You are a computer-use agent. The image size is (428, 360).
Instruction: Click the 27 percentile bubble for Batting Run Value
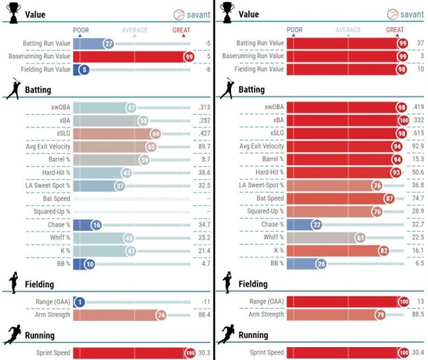[109, 43]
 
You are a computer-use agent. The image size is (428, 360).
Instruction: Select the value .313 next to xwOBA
[204, 108]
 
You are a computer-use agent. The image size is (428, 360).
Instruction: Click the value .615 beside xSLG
[417, 133]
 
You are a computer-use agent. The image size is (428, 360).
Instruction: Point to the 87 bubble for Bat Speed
[389, 198]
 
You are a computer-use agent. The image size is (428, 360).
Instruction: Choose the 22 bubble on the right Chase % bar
[317, 225]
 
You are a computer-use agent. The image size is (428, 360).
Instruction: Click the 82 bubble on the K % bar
[384, 250]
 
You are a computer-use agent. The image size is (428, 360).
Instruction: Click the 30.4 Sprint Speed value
[417, 352]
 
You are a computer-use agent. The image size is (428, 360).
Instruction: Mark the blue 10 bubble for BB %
[89, 263]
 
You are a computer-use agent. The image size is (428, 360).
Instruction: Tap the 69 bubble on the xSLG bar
[155, 133]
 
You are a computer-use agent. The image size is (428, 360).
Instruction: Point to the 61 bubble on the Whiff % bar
[360, 237]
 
